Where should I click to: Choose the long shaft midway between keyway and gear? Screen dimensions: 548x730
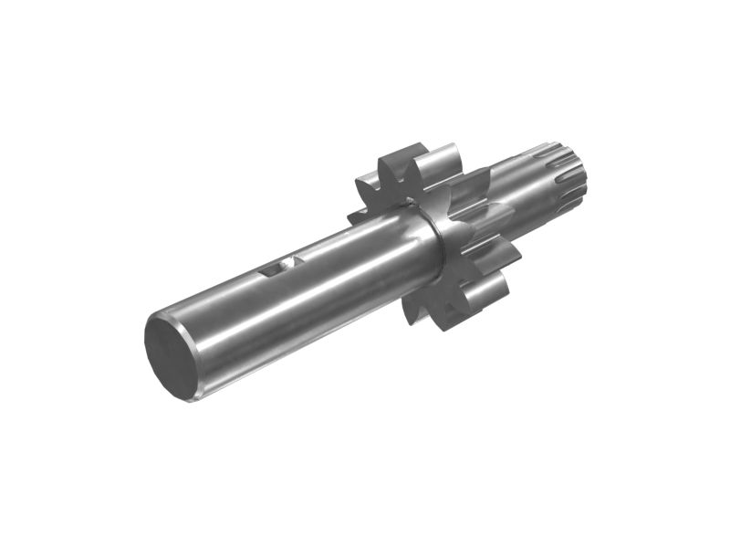pyautogui.click(x=356, y=260)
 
